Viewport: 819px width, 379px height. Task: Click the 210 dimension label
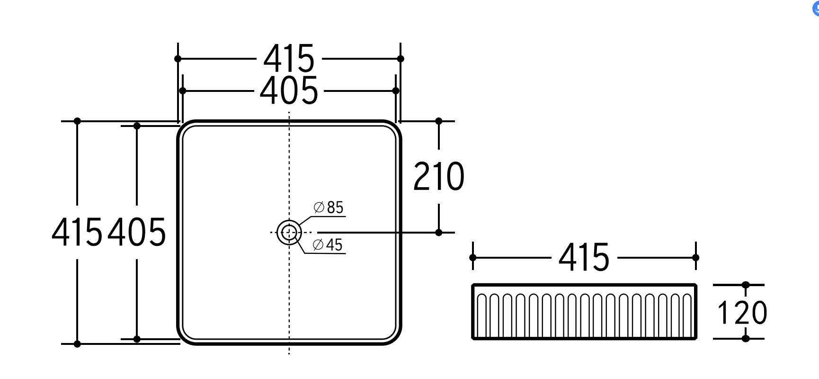(439, 177)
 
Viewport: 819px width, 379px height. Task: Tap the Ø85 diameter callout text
(329, 208)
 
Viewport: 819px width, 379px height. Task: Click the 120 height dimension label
(742, 313)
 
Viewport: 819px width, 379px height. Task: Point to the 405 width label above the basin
(289, 90)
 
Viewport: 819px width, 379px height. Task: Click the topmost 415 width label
(289, 59)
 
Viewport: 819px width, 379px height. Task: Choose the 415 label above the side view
(584, 258)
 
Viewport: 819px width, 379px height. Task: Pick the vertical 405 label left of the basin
(137, 232)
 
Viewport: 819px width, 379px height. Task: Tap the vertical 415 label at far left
(77, 232)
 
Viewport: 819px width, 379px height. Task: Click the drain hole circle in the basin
(289, 232)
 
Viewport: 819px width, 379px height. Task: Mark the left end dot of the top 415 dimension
(178, 59)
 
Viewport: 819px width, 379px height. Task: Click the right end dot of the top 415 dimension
(401, 59)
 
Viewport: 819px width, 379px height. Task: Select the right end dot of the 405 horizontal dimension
(396, 90)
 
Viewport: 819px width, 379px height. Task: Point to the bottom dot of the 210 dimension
(439, 233)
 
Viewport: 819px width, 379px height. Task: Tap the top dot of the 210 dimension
(439, 121)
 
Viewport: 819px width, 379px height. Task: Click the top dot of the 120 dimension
(746, 285)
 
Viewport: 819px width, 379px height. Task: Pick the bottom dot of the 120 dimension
(746, 338)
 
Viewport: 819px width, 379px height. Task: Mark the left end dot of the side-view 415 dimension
(473, 257)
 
